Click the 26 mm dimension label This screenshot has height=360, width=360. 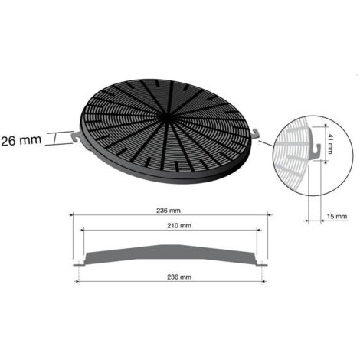21,140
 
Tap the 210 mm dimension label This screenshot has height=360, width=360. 179,226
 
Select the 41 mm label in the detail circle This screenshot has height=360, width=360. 329,144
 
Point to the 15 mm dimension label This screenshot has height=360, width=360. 337,217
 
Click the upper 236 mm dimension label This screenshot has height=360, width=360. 169,211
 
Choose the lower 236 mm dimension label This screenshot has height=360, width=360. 179,277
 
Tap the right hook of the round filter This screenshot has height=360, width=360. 255,133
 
